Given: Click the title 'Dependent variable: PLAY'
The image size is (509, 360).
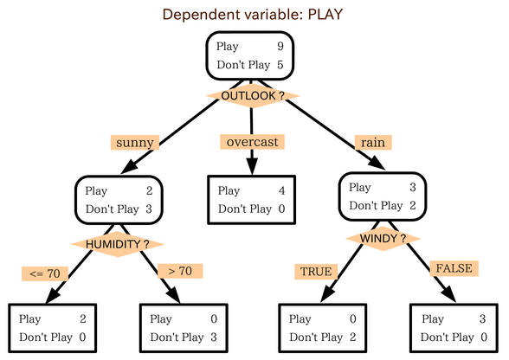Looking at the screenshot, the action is pyautogui.click(x=253, y=15).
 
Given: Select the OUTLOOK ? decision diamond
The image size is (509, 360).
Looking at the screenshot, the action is pyautogui.click(x=253, y=96).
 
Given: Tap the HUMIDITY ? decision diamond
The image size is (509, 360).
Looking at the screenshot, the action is pyautogui.click(x=117, y=244).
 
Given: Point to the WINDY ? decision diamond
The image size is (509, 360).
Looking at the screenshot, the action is pyautogui.click(x=383, y=239).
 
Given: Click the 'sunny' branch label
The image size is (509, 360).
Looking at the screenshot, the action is pyautogui.click(x=135, y=142).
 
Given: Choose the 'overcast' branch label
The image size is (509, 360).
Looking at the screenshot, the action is pyautogui.click(x=252, y=142).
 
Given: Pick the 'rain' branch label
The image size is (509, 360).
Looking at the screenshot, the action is pyautogui.click(x=373, y=142).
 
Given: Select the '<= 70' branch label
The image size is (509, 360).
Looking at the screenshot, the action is pyautogui.click(x=45, y=273).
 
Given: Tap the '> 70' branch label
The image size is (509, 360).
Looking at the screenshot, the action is pyautogui.click(x=180, y=271).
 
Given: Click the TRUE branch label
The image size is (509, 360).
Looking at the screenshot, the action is pyautogui.click(x=316, y=272).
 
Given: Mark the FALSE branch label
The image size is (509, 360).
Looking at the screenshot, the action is pyautogui.click(x=454, y=268).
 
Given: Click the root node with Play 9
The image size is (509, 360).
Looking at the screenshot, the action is pyautogui.click(x=250, y=56).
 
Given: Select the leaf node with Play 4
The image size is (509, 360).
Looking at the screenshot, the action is pyautogui.click(x=252, y=200).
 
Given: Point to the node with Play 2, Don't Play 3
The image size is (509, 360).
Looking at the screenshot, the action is pyautogui.click(x=119, y=200).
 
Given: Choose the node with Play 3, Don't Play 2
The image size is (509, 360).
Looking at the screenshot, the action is pyautogui.click(x=383, y=196).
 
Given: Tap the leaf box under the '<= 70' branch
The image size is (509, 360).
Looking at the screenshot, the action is pyautogui.click(x=53, y=328).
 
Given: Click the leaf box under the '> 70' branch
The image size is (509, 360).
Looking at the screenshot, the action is pyautogui.click(x=184, y=328).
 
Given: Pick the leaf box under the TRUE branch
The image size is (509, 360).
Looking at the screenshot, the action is pyautogui.click(x=323, y=328).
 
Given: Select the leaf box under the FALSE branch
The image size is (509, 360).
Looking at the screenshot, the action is pyautogui.click(x=454, y=328).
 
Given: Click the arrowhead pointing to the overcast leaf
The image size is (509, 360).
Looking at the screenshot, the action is pyautogui.click(x=252, y=166).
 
